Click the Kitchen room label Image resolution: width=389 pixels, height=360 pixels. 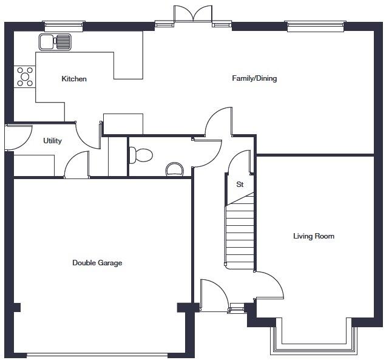pos(74,79)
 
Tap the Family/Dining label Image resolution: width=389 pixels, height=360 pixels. pos(254,78)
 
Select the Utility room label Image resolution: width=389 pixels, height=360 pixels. pos(52,141)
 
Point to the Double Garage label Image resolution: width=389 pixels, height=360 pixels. pos(97,263)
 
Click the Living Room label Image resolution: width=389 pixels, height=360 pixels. pos(314,236)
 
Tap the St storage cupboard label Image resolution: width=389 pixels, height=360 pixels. pos(240,185)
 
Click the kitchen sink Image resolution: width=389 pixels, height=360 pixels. pos(55,42)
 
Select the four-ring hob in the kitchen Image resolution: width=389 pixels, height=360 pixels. pos(25,75)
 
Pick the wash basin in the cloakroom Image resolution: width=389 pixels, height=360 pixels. pos(175,169)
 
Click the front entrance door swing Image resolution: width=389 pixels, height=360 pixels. pos(214,296)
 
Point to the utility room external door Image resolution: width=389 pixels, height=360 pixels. pos(18,137)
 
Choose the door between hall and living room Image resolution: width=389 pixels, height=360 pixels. pos(269,285)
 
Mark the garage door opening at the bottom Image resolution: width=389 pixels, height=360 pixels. pos(103,355)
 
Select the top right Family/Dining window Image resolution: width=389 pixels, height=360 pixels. pos(315,26)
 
